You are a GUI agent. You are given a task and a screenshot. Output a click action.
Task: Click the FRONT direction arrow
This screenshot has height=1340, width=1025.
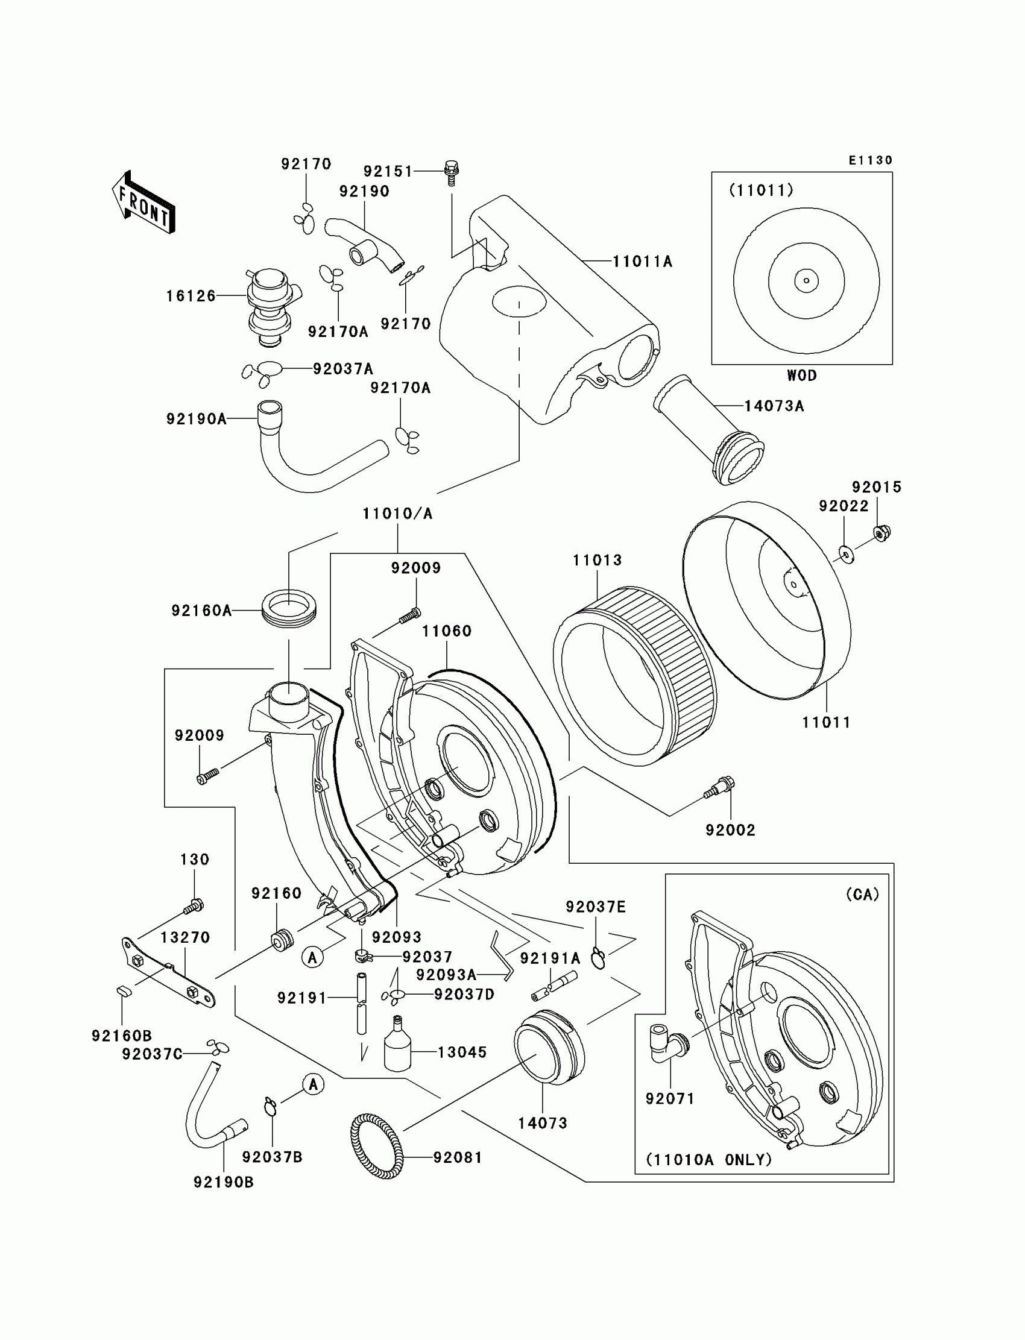click(144, 203)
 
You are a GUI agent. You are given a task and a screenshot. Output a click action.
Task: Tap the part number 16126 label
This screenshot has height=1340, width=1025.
click(191, 296)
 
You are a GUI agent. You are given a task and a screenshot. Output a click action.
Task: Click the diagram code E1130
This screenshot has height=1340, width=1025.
click(871, 160)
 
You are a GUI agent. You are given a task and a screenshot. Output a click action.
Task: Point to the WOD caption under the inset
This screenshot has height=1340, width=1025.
click(802, 376)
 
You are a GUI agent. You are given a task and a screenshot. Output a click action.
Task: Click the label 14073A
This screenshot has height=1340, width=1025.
click(774, 406)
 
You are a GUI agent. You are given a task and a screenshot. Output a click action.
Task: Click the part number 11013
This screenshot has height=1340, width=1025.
click(598, 560)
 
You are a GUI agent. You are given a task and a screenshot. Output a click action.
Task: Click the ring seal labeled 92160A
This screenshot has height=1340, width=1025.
click(289, 608)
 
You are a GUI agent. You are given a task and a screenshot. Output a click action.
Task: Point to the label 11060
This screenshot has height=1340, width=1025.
click(447, 631)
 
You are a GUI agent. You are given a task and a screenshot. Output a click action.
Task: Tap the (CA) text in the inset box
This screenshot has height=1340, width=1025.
click(862, 895)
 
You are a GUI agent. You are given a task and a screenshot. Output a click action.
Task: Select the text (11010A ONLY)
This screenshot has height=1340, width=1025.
click(709, 1159)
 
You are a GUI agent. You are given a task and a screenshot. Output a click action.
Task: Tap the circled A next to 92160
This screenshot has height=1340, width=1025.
click(312, 958)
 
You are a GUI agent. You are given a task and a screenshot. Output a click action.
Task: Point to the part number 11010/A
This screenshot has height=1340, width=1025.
click(397, 514)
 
